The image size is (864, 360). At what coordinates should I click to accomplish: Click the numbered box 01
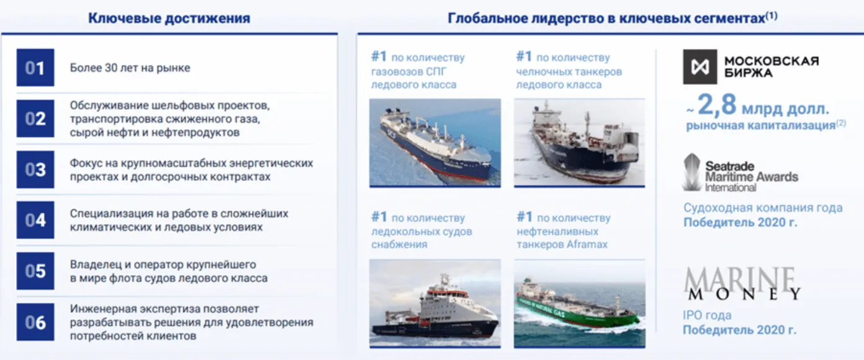35,68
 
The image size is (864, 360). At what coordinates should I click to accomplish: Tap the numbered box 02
35,119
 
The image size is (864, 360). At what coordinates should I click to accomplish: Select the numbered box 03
35,169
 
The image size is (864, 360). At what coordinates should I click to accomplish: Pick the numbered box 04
35,220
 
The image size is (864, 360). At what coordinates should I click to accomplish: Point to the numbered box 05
35,271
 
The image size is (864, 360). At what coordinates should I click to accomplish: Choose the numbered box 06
35,322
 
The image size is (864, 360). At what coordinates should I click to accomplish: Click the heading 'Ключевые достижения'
169,18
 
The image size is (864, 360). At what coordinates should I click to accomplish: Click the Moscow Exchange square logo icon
700,67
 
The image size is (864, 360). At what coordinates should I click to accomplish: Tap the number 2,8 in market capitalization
717,104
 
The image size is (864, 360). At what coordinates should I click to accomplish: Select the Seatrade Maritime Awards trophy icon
691,172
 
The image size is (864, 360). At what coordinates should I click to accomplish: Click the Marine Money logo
742,284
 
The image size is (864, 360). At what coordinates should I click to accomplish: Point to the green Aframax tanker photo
579,304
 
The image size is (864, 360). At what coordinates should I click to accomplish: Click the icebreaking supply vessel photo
435,304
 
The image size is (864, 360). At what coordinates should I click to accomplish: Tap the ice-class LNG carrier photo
435,143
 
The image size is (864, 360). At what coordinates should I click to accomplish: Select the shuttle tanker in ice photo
579,143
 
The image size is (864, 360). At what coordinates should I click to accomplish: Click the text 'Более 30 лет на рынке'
130,68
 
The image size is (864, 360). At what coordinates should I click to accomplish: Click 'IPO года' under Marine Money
707,315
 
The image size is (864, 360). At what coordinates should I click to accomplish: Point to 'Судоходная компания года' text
763,207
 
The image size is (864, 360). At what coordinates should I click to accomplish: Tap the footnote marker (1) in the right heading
772,16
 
